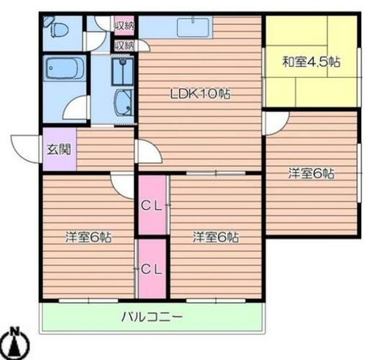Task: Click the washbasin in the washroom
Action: pyautogui.click(x=123, y=103)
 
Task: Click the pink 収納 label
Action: pyautogui.click(x=123, y=24)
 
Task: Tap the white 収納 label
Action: pyautogui.click(x=123, y=45)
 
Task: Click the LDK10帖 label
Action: pyautogui.click(x=200, y=94)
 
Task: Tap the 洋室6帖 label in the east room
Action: pyautogui.click(x=310, y=173)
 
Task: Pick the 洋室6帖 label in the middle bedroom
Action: pyautogui.click(x=216, y=237)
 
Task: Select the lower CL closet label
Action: pyautogui.click(x=151, y=269)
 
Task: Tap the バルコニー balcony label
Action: pyautogui.click(x=151, y=318)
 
